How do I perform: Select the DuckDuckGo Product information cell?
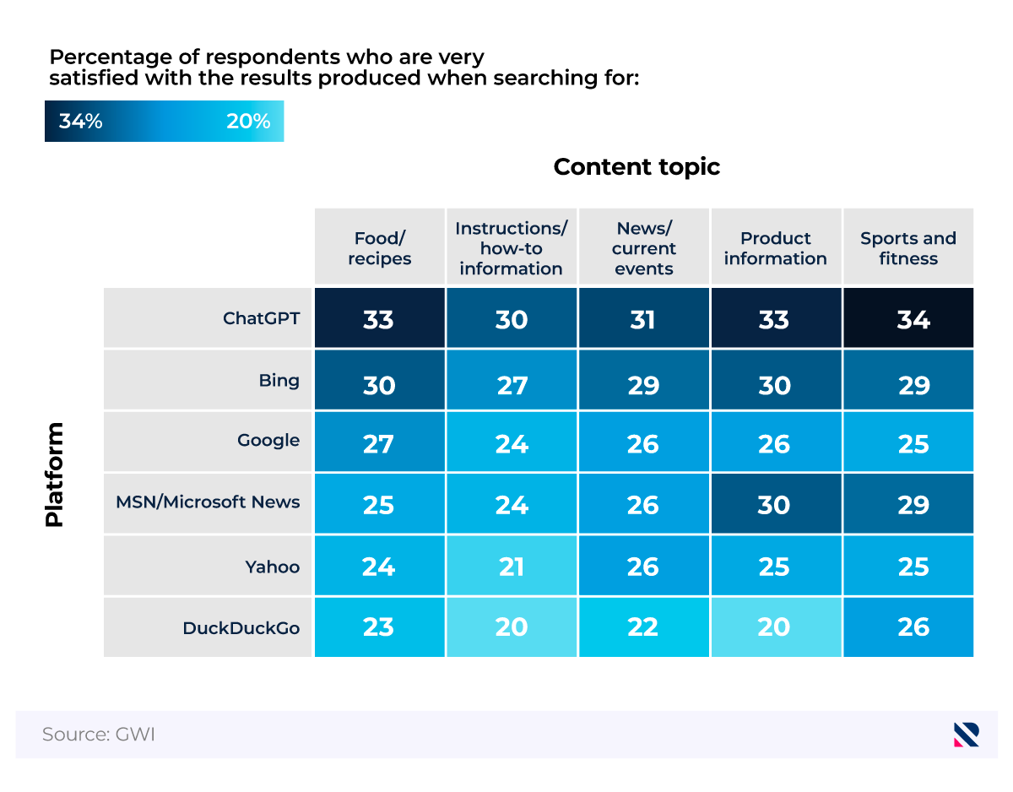pos(775,627)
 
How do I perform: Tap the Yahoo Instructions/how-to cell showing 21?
pos(511,566)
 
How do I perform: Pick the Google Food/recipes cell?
pos(379,442)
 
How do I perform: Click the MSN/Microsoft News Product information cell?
pos(775,504)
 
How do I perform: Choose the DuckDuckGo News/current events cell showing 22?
pos(643,627)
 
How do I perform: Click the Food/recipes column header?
pos(379,248)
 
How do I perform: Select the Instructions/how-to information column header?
pos(511,248)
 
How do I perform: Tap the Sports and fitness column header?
pos(908,248)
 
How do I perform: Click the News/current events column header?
pos(643,248)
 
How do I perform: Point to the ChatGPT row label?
pos(261,318)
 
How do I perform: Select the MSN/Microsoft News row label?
pos(208,502)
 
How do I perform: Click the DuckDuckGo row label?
pos(241,628)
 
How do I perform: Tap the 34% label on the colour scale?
pos(81,122)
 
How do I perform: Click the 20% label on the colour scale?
pos(248,122)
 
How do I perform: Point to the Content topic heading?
pos(637,167)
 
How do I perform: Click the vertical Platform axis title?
pos(55,475)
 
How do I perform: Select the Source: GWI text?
pos(99,735)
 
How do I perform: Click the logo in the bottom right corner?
pos(966,735)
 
